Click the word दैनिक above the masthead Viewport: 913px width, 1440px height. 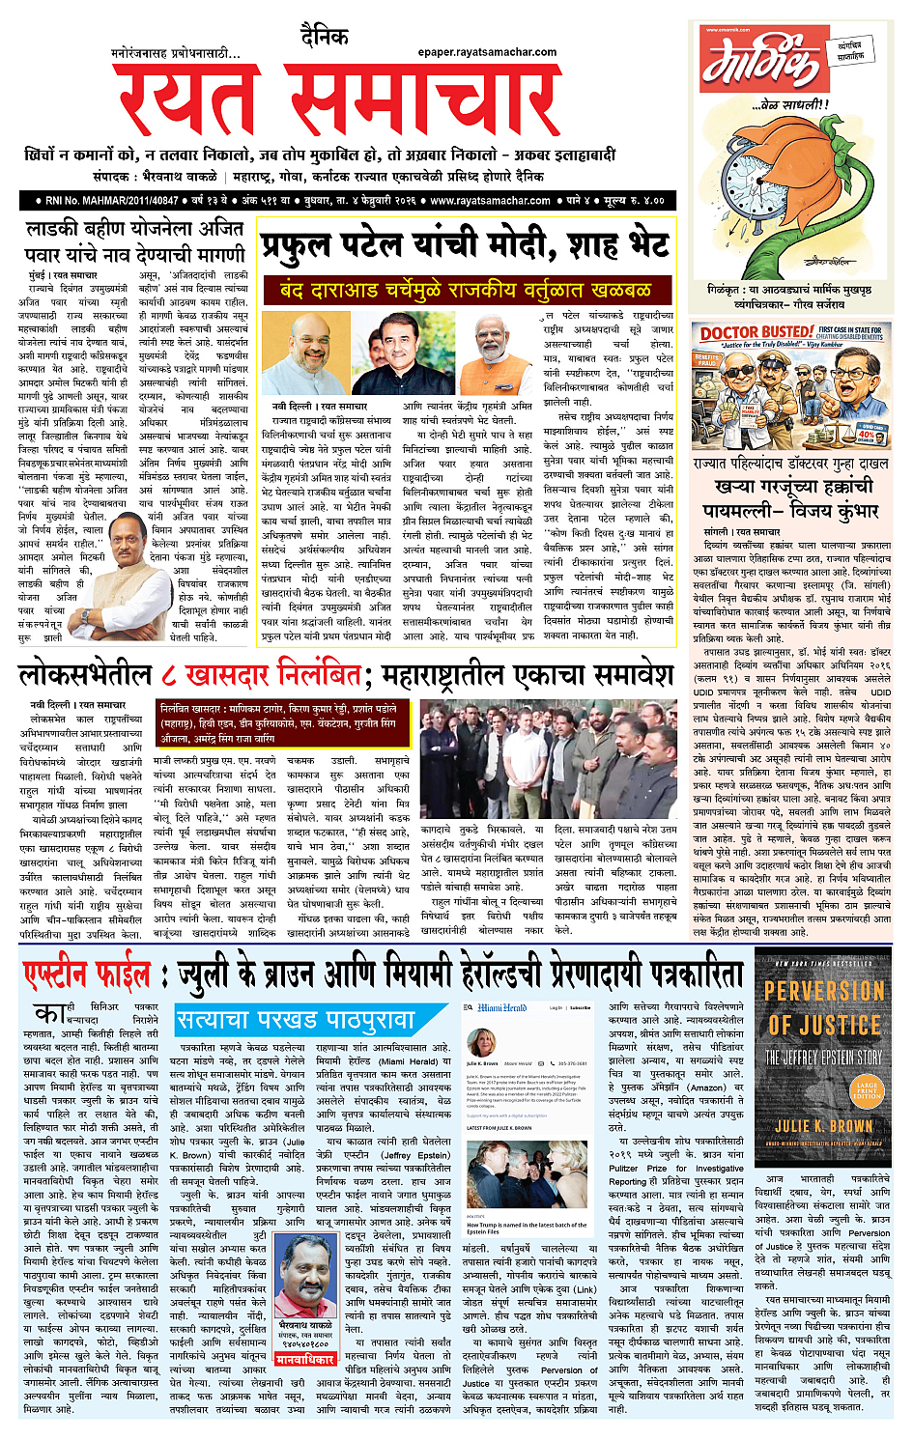[324, 37]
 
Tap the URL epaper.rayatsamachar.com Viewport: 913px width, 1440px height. [487, 52]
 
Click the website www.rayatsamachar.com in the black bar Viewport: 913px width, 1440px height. [490, 201]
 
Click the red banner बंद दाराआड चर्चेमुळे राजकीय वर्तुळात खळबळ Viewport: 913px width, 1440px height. [465, 289]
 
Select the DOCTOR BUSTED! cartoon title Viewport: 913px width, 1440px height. [756, 332]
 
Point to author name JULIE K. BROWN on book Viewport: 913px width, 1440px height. [823, 1126]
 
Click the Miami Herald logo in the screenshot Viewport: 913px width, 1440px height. [502, 1007]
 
